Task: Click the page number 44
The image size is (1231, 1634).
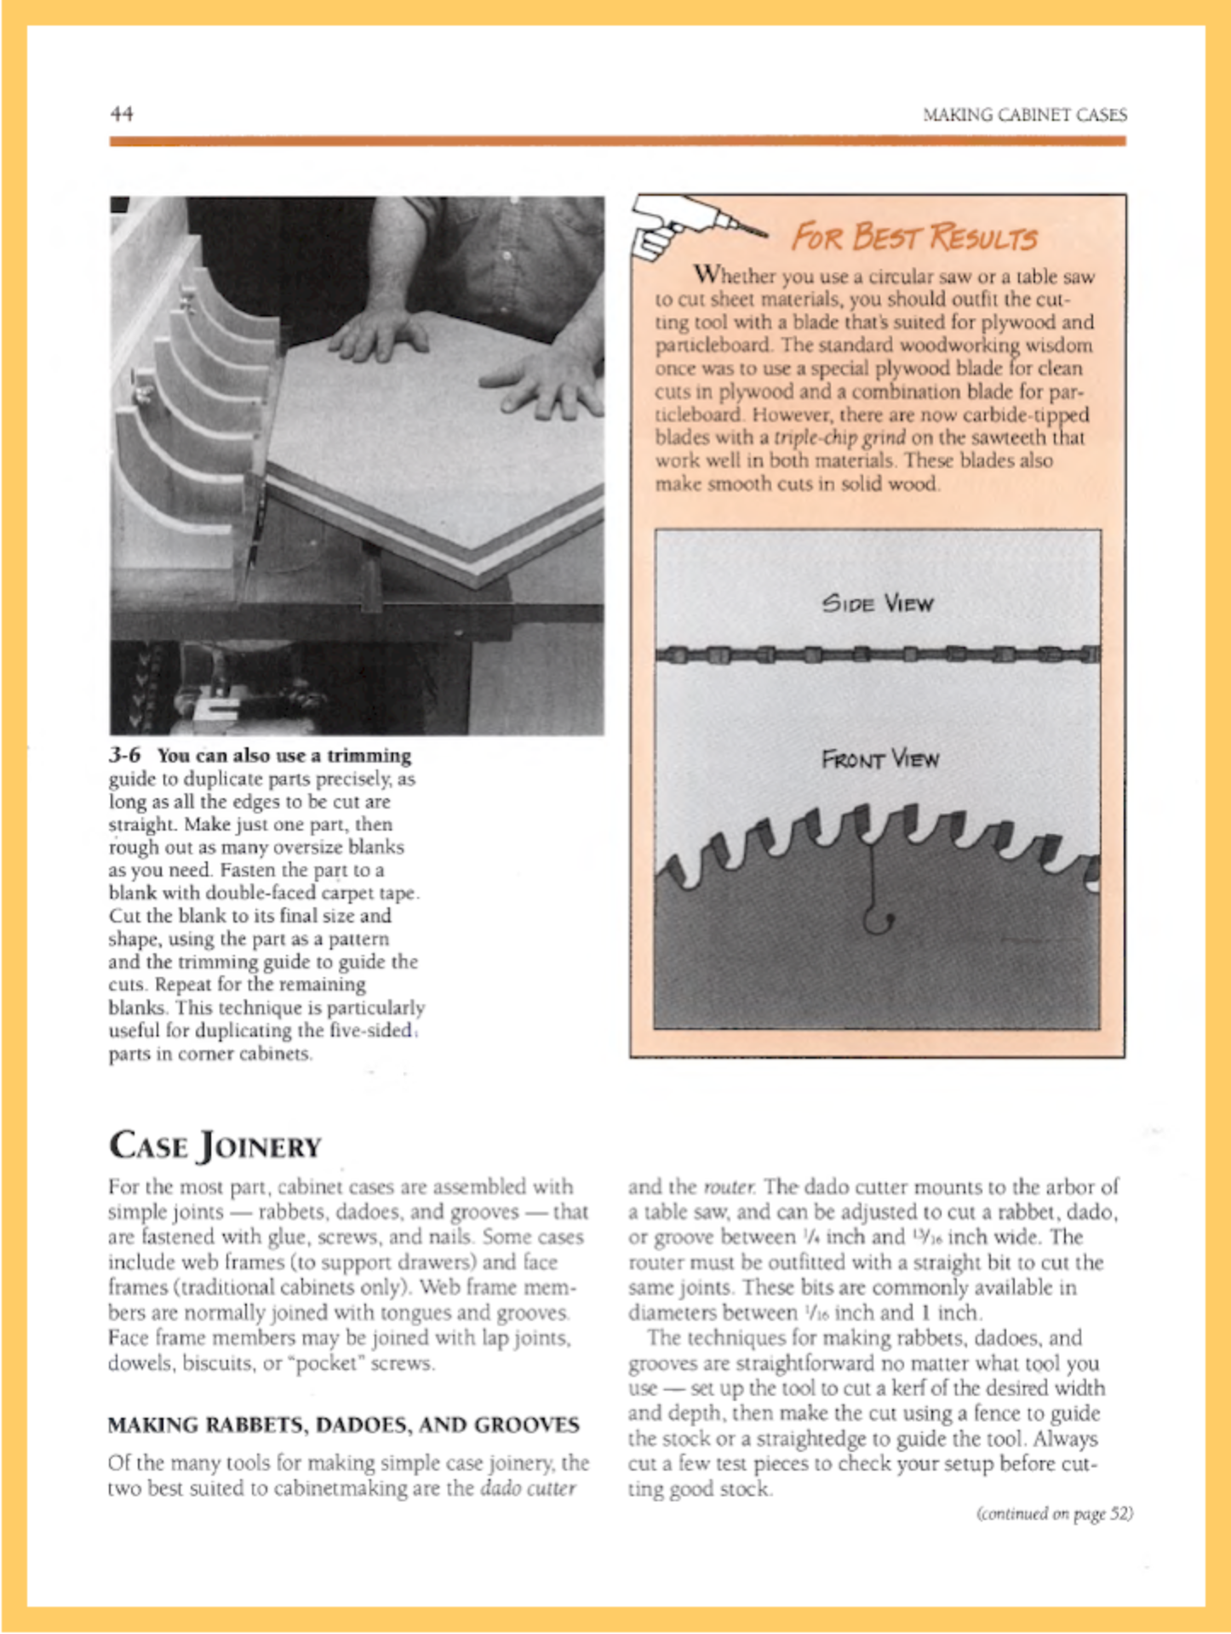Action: coord(122,114)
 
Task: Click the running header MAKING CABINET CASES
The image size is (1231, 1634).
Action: coord(1024,115)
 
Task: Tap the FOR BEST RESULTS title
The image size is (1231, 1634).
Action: coord(914,237)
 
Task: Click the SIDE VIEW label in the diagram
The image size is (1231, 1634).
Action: coord(878,603)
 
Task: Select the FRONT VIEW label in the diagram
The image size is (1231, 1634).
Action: coord(879,759)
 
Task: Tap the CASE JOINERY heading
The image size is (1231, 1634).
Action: coord(215,1146)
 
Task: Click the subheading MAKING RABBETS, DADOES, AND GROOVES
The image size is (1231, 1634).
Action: coord(343,1425)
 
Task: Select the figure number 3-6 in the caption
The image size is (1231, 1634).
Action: coord(125,756)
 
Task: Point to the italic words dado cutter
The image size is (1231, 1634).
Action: coord(528,1488)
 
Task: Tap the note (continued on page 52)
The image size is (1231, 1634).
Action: coord(1055,1513)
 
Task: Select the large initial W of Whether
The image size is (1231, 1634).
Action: coord(708,275)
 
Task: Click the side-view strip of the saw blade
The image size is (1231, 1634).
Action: coord(877,654)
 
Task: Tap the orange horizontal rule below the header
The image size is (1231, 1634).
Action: coord(617,140)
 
